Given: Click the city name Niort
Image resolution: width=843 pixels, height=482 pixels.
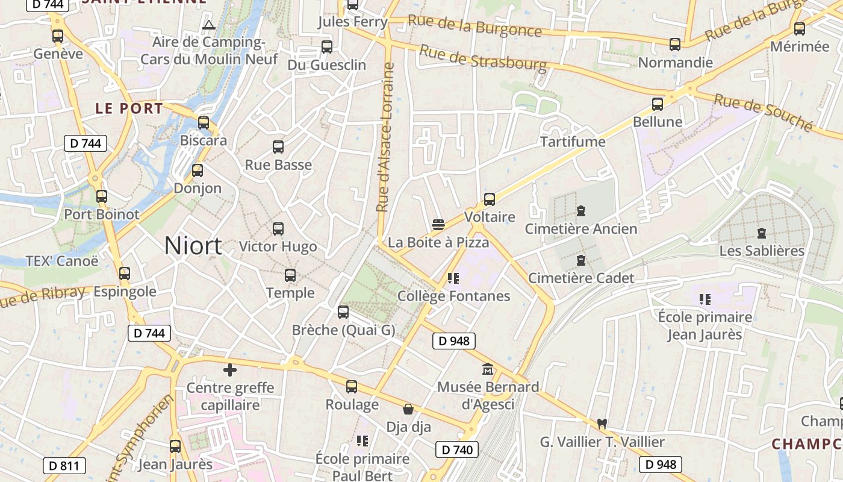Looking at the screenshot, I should (193, 246).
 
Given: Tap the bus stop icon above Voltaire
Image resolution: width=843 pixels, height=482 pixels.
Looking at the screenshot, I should (490, 199).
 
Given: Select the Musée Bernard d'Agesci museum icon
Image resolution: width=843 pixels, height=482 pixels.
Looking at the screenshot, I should (488, 369).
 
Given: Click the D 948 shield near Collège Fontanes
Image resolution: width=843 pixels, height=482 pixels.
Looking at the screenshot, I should (454, 341).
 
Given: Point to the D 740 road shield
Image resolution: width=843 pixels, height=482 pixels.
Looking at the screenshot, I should (457, 449).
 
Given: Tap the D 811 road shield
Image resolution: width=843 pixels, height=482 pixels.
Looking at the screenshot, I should (64, 465).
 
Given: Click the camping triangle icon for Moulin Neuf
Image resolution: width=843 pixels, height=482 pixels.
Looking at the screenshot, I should (209, 25).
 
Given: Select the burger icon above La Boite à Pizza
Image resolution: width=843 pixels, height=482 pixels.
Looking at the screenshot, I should (438, 225).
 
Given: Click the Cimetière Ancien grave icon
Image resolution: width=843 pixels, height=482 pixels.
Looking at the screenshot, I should (581, 211).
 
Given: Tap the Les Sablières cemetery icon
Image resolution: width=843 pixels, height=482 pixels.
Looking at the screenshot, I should (762, 233).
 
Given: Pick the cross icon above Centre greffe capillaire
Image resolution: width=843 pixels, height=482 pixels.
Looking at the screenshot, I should (229, 370).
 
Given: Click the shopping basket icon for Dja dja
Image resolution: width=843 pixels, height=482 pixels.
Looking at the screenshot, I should (408, 410).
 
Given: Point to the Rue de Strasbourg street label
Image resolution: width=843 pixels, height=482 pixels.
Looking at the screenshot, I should (483, 57).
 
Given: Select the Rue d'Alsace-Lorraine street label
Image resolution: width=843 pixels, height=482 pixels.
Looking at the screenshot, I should (385, 137).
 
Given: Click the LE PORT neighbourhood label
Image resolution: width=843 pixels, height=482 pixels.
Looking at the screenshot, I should (129, 109).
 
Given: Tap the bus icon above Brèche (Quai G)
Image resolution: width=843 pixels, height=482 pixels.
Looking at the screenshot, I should (343, 312).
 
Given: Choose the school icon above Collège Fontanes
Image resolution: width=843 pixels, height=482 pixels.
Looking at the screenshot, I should (453, 278).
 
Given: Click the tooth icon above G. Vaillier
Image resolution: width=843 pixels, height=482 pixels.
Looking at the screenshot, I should (600, 424).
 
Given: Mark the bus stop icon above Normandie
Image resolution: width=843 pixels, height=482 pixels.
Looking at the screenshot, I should (675, 44).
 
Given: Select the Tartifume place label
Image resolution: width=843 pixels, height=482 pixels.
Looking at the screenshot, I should (573, 142).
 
